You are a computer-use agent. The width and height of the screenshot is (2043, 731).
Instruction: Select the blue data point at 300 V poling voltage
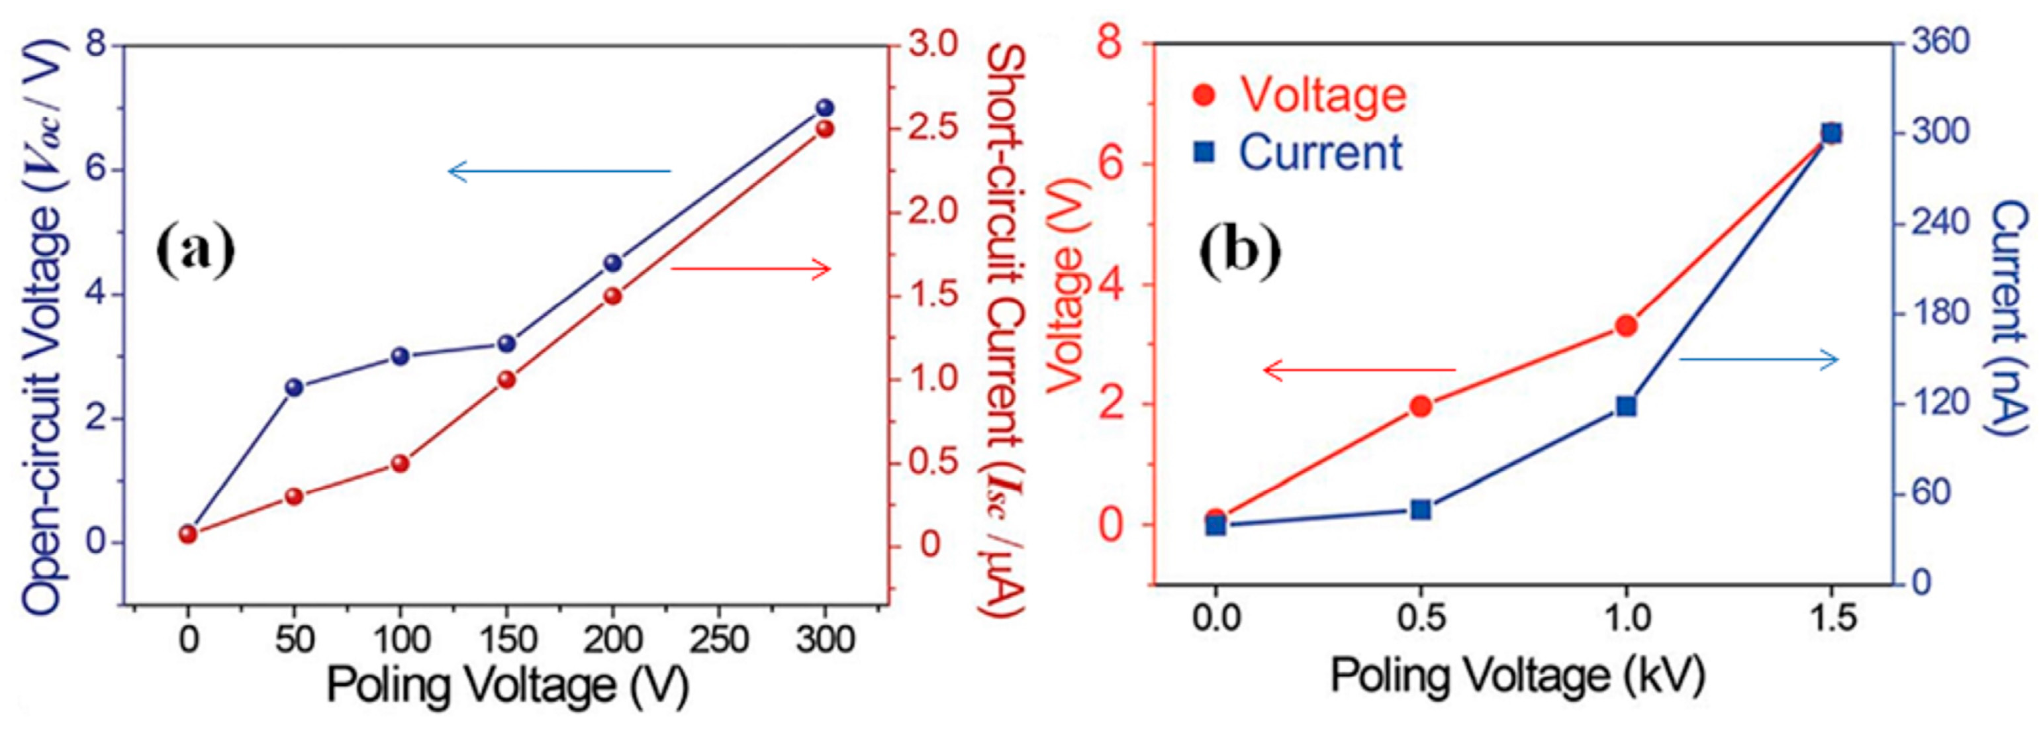click(x=825, y=109)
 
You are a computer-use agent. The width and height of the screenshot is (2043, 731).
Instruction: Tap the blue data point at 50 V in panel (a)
click(x=294, y=387)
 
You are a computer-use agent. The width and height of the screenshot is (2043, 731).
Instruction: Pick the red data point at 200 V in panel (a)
click(x=612, y=296)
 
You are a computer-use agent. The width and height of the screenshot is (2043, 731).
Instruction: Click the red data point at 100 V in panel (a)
click(x=401, y=463)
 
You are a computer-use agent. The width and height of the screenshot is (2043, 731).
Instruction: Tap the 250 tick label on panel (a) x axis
click(x=718, y=639)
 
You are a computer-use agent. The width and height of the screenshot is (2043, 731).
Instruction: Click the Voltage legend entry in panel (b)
click(x=1301, y=95)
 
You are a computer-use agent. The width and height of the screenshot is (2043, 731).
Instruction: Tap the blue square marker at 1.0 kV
click(x=1626, y=407)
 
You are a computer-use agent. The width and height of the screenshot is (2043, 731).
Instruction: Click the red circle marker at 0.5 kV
click(x=1421, y=407)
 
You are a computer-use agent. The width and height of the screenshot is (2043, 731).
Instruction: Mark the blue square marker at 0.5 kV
click(x=1421, y=510)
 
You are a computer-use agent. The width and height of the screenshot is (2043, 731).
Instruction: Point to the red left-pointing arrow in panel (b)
click(x=1358, y=369)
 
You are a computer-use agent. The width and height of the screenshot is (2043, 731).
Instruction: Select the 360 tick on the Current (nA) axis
click(x=1940, y=41)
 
